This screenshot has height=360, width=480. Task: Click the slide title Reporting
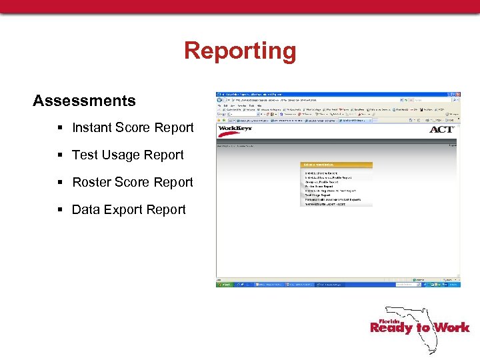click(240, 51)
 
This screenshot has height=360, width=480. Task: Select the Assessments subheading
click(84, 101)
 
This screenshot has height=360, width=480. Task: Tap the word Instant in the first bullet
click(92, 127)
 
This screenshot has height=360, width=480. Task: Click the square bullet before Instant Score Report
click(61, 128)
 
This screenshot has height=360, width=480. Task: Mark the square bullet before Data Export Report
click(61, 210)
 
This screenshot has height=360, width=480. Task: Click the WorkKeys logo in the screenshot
click(235, 129)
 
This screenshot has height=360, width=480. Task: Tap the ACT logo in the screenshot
click(441, 129)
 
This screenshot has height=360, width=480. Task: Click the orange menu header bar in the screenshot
click(337, 165)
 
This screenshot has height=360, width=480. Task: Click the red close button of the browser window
click(457, 95)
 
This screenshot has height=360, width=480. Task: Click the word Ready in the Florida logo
click(392, 327)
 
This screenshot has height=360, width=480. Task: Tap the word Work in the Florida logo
click(451, 327)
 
